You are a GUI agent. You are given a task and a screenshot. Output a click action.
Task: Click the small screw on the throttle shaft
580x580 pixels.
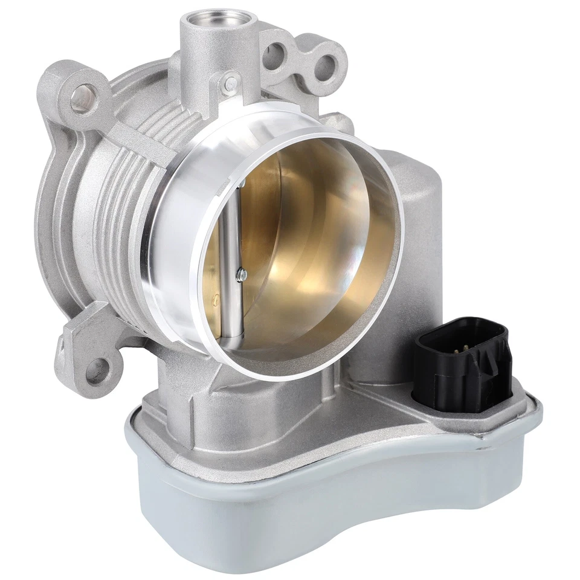tap(242, 275)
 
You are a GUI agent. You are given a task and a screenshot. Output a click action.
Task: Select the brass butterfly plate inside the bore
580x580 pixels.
tap(302, 242)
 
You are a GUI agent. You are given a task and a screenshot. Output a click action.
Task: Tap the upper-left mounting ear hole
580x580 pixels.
tap(83, 97)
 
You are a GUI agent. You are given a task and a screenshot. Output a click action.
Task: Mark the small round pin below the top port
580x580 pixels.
tap(230, 83)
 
